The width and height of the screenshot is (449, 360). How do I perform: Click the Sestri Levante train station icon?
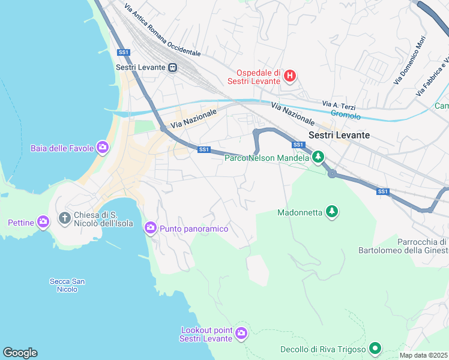(x=172, y=67)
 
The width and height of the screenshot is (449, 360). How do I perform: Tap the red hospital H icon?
(x=289, y=76)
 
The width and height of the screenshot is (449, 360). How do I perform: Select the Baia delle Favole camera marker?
(x=103, y=147)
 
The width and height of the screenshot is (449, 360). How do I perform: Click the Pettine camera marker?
(x=43, y=223)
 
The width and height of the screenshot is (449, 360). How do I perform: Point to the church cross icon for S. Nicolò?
(x=65, y=217)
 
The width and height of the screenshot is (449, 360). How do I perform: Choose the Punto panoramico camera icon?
(x=150, y=228)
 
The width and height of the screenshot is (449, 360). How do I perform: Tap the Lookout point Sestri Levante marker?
(x=241, y=333)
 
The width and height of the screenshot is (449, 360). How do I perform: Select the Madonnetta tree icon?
(x=331, y=212)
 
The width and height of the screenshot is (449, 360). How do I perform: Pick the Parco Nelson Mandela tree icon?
(x=318, y=158)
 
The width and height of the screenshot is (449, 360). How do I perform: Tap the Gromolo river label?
(x=346, y=115)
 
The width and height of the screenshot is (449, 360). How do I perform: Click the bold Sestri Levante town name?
(x=339, y=135)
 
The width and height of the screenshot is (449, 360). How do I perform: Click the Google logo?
(x=20, y=353)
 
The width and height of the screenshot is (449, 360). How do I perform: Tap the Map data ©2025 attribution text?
(x=424, y=355)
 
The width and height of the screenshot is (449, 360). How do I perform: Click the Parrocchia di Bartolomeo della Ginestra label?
(x=402, y=246)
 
